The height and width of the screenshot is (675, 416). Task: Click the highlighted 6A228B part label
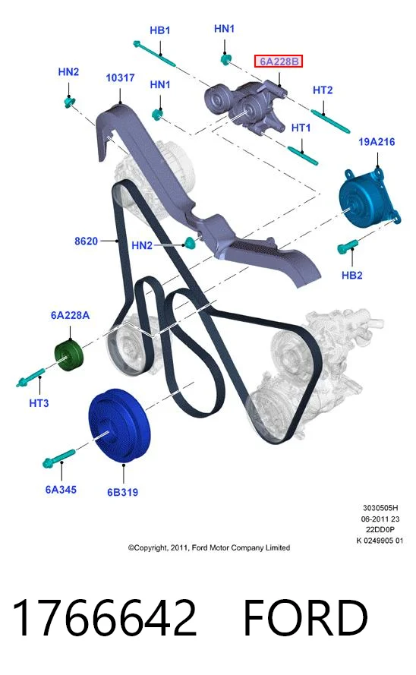coord(279,62)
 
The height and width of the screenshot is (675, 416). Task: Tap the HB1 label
coord(160,30)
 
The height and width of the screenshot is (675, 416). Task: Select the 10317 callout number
coord(121,78)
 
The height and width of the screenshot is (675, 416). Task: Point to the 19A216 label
coord(377,142)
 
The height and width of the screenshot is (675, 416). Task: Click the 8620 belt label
coord(86,241)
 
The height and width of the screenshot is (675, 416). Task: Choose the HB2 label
coord(352,275)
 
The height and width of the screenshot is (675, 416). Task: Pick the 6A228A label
coord(70,316)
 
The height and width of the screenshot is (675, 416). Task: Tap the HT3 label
coord(39,403)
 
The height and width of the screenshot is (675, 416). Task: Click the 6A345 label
coord(61,490)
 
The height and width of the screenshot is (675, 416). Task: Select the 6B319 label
coord(123,492)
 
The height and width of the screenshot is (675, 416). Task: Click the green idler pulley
coord(69,355)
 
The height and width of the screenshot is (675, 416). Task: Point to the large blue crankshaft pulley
coord(120,425)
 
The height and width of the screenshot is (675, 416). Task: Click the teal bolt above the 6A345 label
coord(59,457)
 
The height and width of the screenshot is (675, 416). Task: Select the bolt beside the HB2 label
coord(348,246)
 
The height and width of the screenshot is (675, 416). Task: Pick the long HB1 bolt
coord(154,53)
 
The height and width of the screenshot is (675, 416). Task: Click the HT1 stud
coord(303,156)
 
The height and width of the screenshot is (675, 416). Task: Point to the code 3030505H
coord(380,508)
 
